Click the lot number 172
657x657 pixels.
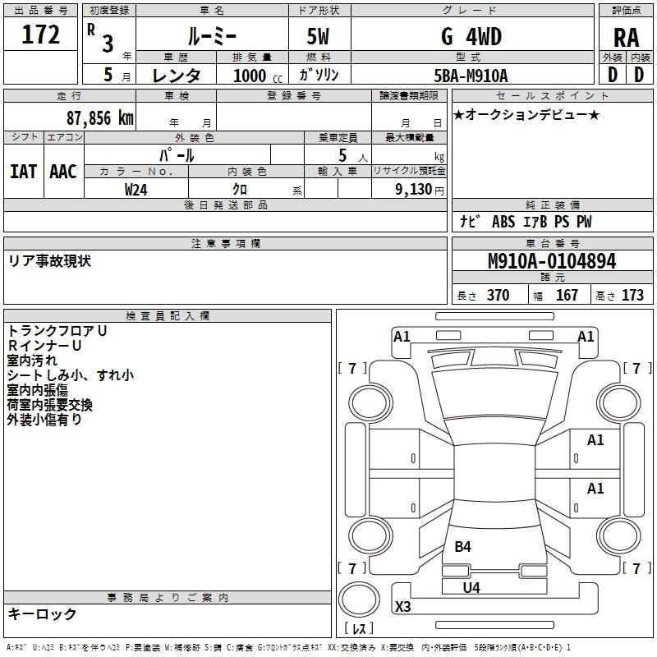pos(40,34)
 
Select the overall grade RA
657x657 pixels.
pos(626,38)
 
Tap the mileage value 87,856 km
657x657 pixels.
pos(100,118)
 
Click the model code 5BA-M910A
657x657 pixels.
pos(471,76)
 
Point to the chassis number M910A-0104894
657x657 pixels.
pos(552,261)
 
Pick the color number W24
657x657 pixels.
pos(136,190)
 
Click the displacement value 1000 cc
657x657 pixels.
pos(258,76)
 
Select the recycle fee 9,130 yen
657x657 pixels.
pos(419,190)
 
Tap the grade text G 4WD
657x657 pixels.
pos(471,37)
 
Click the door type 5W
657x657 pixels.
pos(318,36)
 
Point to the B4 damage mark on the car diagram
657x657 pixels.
pos(462,546)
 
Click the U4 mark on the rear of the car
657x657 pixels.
pos(471,587)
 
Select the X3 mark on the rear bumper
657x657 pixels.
pos(402,606)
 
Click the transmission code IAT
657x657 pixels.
pos(23,172)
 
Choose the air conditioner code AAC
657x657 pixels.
pos(63,172)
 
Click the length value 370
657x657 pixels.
pos(498,295)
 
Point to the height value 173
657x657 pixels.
pos(632,295)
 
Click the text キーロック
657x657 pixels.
pos(42,613)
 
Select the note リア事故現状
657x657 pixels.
pos(49,261)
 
